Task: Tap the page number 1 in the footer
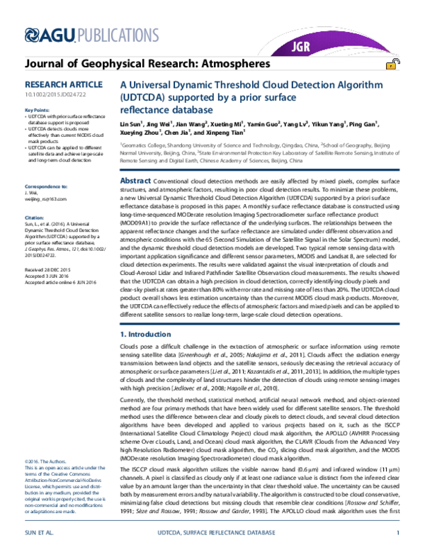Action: tap(399, 534)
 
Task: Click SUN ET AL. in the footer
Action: tap(40, 534)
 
